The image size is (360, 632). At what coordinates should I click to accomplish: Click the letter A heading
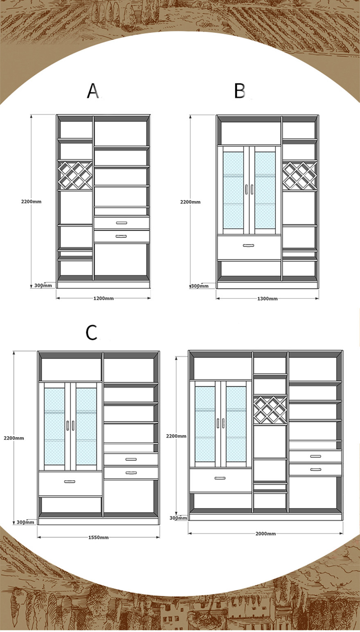tap(93, 91)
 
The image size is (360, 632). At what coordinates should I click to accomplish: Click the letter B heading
tap(239, 91)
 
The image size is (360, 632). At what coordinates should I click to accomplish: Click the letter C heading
tap(92, 332)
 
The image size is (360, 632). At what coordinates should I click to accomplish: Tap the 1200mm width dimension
tap(103, 298)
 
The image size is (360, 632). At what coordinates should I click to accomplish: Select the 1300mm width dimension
tap(268, 298)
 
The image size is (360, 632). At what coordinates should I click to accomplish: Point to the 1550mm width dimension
tap(99, 538)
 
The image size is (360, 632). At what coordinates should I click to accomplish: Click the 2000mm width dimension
tap(265, 533)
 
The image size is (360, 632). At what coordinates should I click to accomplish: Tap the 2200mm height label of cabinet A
tap(31, 202)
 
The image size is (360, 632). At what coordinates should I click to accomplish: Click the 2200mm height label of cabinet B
tap(190, 202)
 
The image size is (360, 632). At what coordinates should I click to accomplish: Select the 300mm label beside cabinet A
tap(43, 285)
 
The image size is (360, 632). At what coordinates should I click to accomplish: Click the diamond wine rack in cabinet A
tap(75, 175)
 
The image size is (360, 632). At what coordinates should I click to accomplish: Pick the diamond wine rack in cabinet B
tap(299, 175)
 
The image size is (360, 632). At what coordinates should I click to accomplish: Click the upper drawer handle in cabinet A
tap(122, 223)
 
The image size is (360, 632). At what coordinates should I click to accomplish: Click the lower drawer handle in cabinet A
tap(122, 236)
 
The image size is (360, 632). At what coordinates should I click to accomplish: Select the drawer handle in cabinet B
tap(248, 245)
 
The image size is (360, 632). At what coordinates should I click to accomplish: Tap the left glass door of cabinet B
tap(233, 190)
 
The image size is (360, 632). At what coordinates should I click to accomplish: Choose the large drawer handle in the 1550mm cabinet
tap(70, 482)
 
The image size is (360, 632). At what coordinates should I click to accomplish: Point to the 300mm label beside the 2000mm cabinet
tap(178, 518)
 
